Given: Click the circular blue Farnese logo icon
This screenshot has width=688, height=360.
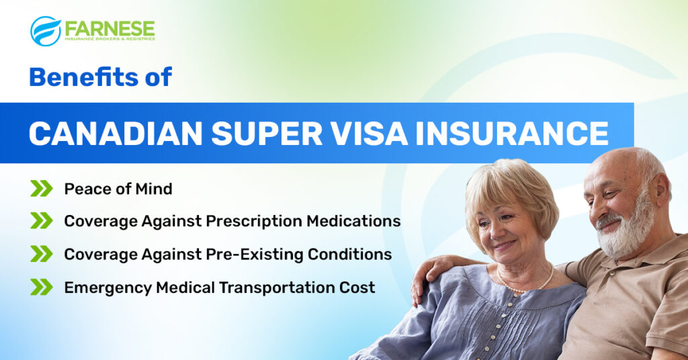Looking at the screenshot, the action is coord(46,31).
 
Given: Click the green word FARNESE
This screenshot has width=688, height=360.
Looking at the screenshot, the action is coord(110,28).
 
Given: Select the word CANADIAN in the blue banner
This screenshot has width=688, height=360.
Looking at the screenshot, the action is coord(116,133).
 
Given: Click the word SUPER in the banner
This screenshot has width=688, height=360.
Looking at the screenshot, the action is coord(267,133).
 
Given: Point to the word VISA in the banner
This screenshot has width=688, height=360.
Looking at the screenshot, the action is coord(369,133).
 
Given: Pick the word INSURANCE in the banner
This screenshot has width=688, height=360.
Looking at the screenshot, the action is coord(511,133).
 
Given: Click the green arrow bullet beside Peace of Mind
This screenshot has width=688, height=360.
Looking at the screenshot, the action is coord(41,189).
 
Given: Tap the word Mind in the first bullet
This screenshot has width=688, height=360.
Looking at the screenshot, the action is coord(154,189).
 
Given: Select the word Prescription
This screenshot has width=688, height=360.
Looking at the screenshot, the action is coord(254,222).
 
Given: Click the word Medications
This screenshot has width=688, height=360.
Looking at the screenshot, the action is coord(353,221).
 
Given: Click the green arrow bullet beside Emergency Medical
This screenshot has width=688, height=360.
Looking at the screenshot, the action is coord(41,287).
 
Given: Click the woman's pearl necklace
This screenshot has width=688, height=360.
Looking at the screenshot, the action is coord(524,285).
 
